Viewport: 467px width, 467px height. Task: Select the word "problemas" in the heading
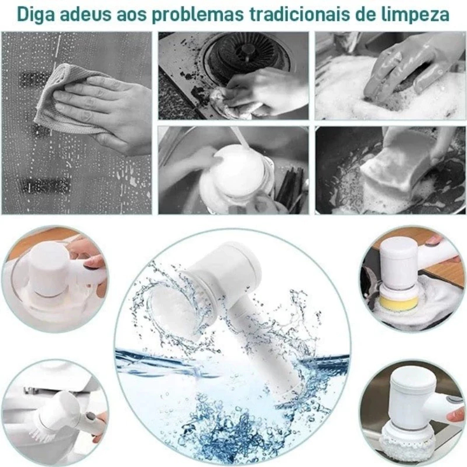pyautogui.click(x=193, y=14)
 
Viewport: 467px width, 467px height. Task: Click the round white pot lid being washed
pyautogui.click(x=237, y=170)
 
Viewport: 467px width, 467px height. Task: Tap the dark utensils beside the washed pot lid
pyautogui.click(x=290, y=187)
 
